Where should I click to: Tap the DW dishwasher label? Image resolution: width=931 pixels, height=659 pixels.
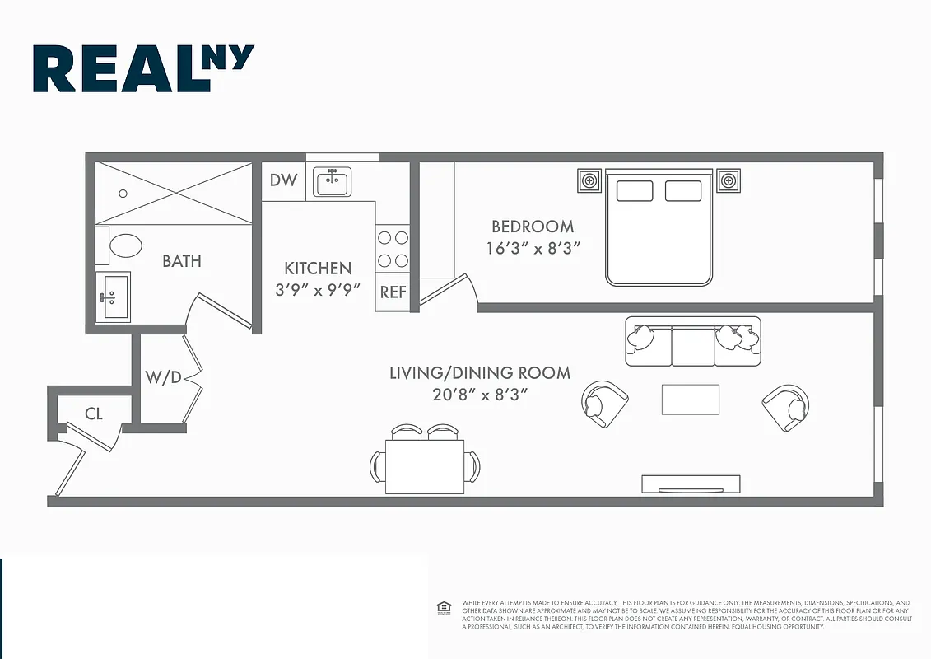283,180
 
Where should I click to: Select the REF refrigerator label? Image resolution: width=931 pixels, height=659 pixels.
393,292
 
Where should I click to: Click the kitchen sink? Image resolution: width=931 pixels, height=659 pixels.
333,182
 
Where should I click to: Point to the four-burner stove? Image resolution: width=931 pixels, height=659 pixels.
393,249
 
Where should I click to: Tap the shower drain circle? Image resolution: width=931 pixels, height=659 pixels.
123,194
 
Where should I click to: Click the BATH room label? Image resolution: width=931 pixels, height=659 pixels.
181,261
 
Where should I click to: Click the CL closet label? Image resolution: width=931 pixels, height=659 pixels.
94,414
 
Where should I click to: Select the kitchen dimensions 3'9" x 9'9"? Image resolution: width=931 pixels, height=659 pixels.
319,290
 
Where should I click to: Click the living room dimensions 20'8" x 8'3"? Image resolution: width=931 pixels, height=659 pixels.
480,395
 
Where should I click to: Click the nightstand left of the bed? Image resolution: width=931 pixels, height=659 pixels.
588,180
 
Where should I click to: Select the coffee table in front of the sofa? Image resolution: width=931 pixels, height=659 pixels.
690,400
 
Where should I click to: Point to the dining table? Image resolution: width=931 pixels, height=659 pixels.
424,466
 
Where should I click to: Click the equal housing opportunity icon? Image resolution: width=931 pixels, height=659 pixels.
444,608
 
